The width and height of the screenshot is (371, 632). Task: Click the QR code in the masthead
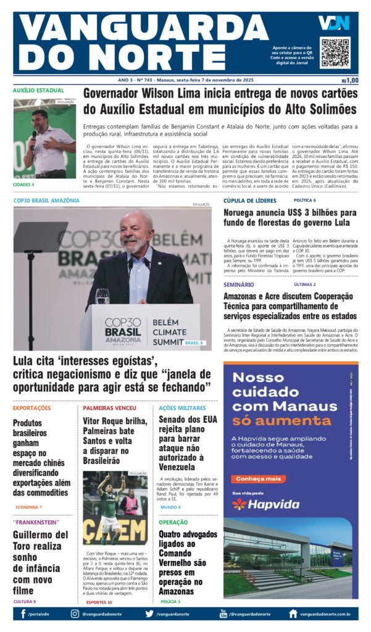coord(335,52)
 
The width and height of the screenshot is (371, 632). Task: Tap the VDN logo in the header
coord(333,23)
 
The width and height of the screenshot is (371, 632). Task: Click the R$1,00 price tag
coord(349,80)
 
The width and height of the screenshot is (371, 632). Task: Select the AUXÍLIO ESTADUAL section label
coord(38,90)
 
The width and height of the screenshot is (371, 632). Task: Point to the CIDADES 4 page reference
coord(24,184)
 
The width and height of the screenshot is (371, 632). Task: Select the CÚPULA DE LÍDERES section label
coord(250,201)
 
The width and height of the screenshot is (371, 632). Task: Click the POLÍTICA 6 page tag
coord(305,201)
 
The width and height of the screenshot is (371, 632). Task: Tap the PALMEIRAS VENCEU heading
coord(110,408)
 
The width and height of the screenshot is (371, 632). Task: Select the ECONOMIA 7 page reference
coord(29,507)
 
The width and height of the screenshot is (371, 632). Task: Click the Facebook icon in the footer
coord(23,613)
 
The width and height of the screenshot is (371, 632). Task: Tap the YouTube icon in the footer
coord(223,613)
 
